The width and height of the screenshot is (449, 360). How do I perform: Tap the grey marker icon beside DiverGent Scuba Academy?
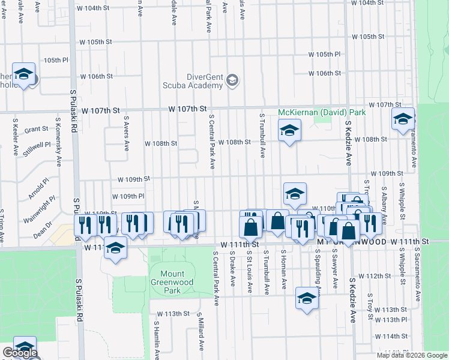coord(232,80)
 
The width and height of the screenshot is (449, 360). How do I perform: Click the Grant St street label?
coord(37,129)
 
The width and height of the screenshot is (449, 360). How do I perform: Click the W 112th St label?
coord(378,275)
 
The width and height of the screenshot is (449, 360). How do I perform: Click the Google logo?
coord(20,353)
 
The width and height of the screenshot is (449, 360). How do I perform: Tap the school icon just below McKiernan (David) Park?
coord(289,130)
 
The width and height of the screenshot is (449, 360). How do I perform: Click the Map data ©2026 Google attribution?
coord(411,355)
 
